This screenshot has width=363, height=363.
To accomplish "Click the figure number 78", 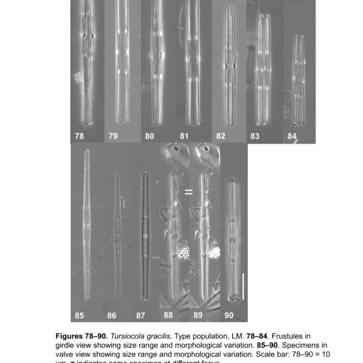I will click(x=79, y=136).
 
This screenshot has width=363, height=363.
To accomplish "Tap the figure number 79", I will click(x=113, y=136).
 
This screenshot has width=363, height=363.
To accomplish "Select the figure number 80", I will click(x=150, y=136).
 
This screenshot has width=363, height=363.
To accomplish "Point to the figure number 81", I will click(x=184, y=136).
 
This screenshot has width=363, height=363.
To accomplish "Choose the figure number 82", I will click(x=220, y=136).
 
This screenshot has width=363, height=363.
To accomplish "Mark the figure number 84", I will click(x=292, y=136).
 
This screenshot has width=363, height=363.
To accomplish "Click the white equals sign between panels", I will click(x=188, y=192).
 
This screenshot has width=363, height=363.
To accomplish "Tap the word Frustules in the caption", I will click(x=288, y=336).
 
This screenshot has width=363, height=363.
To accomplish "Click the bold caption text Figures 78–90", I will click(x=92, y=336).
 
